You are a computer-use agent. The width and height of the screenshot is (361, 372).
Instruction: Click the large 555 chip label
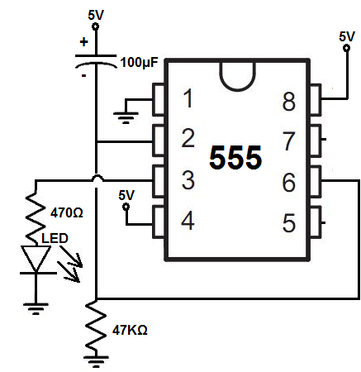235,157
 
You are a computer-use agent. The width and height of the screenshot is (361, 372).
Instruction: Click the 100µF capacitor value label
140,63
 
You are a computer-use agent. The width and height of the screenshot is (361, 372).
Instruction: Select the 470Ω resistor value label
67,212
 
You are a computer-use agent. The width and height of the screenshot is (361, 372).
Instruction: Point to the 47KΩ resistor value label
130,330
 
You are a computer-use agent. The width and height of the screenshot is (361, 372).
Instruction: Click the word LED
55,238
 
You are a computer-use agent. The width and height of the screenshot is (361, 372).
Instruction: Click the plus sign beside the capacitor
84,42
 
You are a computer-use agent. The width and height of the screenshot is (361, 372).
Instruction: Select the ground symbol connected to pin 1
126,117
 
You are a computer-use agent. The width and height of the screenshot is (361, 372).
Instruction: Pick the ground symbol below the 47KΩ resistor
96,361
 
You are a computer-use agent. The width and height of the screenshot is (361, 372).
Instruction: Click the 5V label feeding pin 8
347,36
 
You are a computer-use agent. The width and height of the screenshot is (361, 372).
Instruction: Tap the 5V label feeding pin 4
126,195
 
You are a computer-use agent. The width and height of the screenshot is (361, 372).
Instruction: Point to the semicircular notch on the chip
237,88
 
